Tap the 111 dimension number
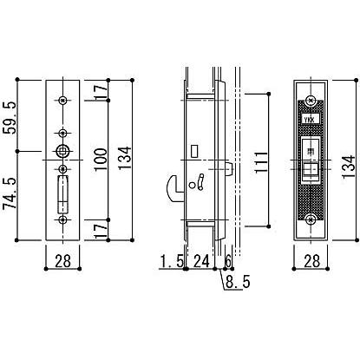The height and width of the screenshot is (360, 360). click(264, 158)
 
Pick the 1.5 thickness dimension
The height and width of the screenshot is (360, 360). click(170, 235)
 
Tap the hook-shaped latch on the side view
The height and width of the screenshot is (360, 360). click(173, 185)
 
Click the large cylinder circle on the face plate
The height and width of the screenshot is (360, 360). click(62, 151)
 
